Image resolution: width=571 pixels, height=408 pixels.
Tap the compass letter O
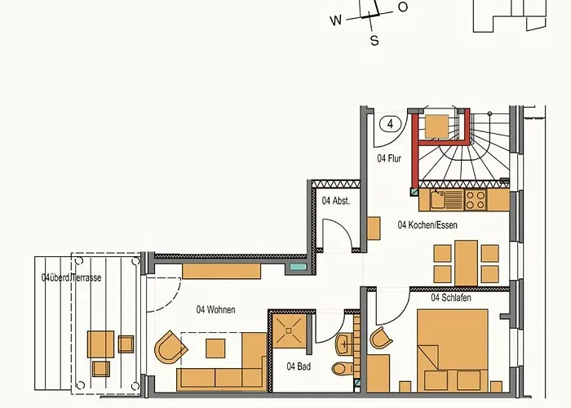pos(402,7)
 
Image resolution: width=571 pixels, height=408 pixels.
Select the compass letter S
pos(374,41)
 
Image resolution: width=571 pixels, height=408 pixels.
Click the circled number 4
pos(392,124)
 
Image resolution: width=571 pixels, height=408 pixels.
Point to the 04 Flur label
pos(388,158)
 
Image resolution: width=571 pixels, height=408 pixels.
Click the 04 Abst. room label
pos(335,201)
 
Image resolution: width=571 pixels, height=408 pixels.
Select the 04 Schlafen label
pos(451,298)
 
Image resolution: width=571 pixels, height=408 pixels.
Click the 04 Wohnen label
pos(210,309)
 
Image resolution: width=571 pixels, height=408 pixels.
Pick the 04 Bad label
pos(299,366)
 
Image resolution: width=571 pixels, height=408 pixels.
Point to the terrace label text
pos(72,277)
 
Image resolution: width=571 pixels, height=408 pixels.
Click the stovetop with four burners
pos(475,197)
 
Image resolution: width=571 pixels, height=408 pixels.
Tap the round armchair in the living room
pos(169,349)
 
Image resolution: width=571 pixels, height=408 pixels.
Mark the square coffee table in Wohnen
pos(216,349)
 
